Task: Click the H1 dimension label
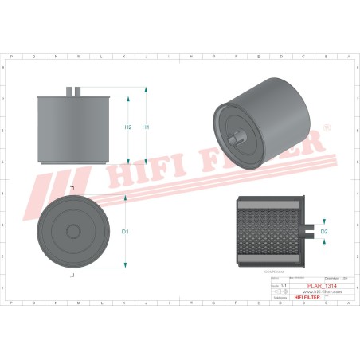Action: pyautogui.click(x=146, y=127)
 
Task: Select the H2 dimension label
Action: pyautogui.click(x=128, y=127)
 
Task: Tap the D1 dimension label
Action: pyautogui.click(x=126, y=232)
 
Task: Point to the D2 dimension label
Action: pyautogui.click(x=323, y=231)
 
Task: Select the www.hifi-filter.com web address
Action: pyautogui.click(x=321, y=292)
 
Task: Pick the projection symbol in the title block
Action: pyautogui.click(x=281, y=292)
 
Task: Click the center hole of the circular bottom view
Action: pyautogui.click(x=72, y=232)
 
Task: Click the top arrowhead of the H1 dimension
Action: pyautogui.click(x=145, y=90)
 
